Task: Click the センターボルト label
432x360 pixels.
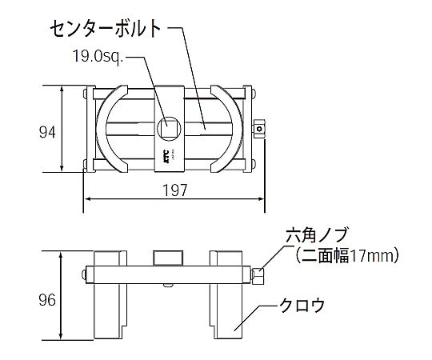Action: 106,29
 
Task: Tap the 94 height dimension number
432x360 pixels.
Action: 47,132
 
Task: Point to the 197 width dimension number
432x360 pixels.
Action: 175,190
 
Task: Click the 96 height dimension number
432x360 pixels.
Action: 47,300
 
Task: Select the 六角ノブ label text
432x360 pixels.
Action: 316,234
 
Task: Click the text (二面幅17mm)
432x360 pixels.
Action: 346,255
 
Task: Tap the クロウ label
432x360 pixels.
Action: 302,305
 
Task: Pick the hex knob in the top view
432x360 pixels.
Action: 258,129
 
